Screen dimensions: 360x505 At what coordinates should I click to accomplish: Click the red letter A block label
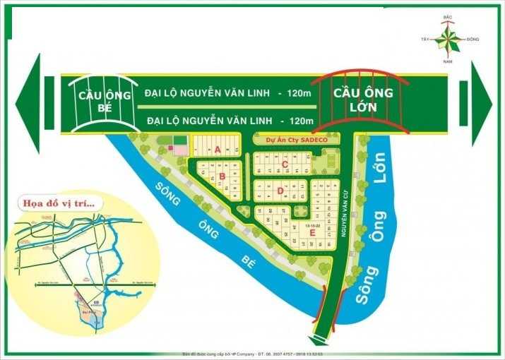coord(218,149)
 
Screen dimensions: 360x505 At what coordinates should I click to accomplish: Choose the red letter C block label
coord(284,165)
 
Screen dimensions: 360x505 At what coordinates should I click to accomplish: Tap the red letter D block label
coord(280,190)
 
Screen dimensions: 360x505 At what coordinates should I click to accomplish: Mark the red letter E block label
coord(311,232)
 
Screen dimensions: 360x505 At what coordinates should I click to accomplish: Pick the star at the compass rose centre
coord(446,40)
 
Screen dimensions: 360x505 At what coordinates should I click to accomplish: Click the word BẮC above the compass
coord(447,15)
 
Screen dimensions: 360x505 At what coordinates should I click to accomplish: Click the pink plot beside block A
coord(181,150)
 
